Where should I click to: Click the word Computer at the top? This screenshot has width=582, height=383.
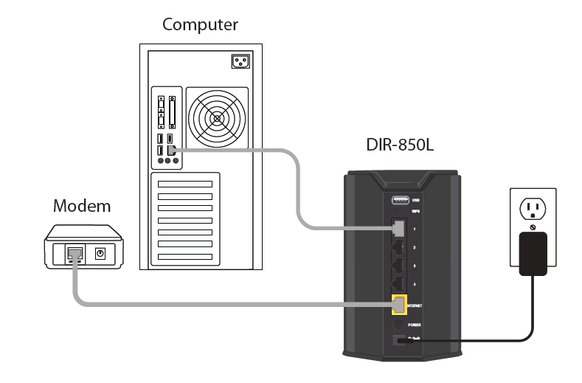pyautogui.click(x=200, y=25)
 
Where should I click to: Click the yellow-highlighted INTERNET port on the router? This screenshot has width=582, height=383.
pyautogui.click(x=399, y=303)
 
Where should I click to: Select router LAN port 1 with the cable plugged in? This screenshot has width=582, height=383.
pyautogui.click(x=399, y=228)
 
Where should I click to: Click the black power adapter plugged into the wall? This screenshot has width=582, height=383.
pyautogui.click(x=533, y=253)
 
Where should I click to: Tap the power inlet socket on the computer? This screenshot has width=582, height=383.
pyautogui.click(x=241, y=61)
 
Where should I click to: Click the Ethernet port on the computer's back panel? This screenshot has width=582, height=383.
pyautogui.click(x=171, y=150)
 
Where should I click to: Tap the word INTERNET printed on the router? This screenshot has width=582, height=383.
pyautogui.click(x=415, y=304)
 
